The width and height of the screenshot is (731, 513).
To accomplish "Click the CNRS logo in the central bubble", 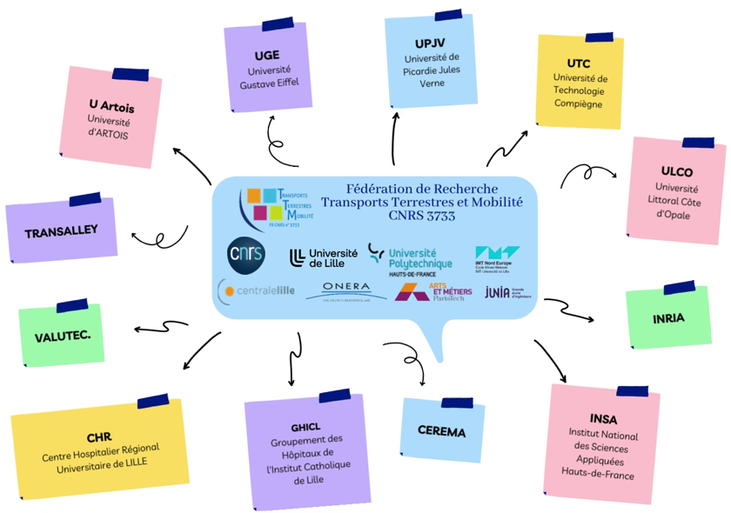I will point(245,252).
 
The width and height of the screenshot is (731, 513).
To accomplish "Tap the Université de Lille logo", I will point(320,256).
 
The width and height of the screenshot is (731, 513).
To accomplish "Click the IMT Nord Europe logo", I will point(499,257).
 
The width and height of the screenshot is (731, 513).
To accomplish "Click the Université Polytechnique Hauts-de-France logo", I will point(410,256).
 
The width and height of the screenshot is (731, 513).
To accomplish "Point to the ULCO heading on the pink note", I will point(676,171).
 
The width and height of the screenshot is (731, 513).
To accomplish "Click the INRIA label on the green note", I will point(668,318).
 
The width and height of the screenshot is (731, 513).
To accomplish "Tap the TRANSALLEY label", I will point(61,231).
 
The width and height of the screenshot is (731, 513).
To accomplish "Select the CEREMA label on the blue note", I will point(441,432).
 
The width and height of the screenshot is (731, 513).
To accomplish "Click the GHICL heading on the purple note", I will point(306,426).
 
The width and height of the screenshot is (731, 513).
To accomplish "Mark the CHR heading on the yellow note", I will point(99,436).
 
